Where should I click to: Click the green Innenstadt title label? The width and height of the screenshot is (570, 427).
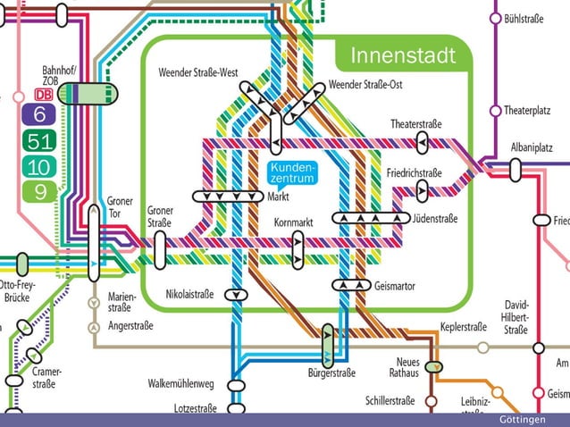click(x=403, y=55)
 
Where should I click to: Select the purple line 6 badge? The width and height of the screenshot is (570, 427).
click(x=39, y=114)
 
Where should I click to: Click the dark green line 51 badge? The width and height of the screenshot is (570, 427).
click(x=39, y=140)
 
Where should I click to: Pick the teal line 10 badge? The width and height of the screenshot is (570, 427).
click(x=39, y=166)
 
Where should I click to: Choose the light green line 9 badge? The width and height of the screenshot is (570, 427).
click(x=39, y=191)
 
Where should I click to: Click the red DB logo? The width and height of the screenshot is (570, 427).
click(x=43, y=94)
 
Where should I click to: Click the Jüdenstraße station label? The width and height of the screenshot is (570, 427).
click(x=435, y=218)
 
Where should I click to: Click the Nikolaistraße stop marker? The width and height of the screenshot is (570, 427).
click(x=236, y=294)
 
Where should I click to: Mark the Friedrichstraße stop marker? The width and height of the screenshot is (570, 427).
click(x=423, y=189)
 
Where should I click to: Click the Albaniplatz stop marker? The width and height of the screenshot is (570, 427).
click(x=516, y=167)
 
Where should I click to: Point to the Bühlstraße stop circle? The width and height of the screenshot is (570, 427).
click(x=494, y=18)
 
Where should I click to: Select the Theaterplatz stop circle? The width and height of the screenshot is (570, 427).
click(x=494, y=111)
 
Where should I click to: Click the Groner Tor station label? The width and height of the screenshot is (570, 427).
click(x=119, y=206)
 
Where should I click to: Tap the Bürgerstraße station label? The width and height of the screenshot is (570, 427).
click(x=331, y=373)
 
